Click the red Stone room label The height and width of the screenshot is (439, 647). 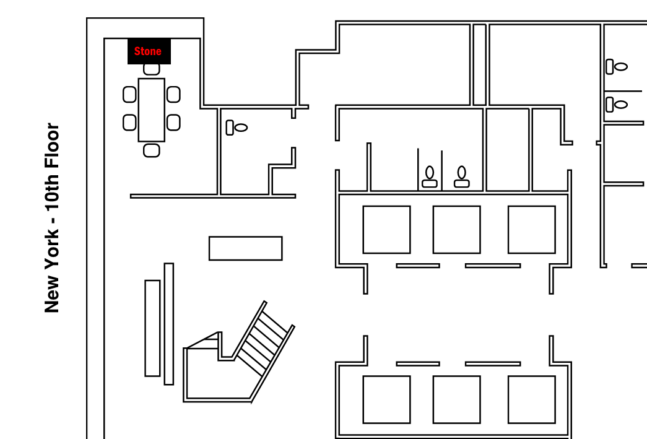click(x=148, y=51)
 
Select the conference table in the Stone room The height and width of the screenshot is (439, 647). click(x=151, y=110)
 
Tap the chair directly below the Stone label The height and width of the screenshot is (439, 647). click(x=151, y=69)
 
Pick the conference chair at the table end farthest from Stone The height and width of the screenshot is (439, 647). click(x=151, y=150)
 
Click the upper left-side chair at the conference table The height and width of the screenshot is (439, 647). click(x=129, y=95)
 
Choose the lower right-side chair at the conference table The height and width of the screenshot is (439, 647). click(x=173, y=122)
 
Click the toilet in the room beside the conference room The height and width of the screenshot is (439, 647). click(x=237, y=128)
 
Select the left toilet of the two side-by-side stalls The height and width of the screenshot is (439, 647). click(x=430, y=176)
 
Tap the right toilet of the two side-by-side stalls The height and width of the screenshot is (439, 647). click(x=461, y=176)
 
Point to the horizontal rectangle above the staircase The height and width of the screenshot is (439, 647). click(x=245, y=248)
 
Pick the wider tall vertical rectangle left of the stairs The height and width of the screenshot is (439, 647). click(x=152, y=328)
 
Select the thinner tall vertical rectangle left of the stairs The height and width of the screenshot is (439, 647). click(x=168, y=324)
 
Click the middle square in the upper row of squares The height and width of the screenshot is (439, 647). click(x=456, y=230)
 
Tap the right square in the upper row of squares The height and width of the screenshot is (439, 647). click(x=531, y=230)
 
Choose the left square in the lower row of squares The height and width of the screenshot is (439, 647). click(x=386, y=399)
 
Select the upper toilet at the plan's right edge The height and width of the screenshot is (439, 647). click(x=617, y=66)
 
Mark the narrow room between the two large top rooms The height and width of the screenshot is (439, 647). click(x=479, y=64)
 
